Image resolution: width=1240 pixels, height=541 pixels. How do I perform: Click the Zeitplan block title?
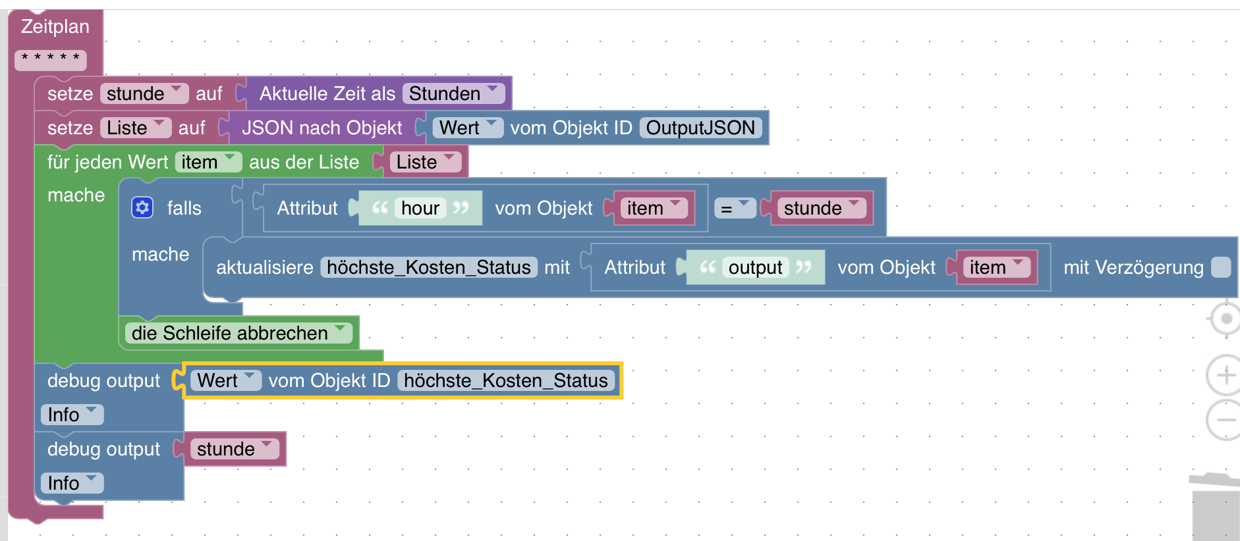pos(55,27)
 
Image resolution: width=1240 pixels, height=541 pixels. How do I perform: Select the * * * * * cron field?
pos(51,59)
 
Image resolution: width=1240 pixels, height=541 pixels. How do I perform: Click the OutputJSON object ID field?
pos(700,128)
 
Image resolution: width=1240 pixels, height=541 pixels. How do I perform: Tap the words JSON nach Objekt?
pos(322,128)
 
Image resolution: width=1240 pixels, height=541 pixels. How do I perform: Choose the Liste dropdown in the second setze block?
pos(135,128)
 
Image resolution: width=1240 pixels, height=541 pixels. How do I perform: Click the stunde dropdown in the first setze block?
pos(144,93)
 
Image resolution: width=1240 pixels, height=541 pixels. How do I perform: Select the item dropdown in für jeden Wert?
pos(208,162)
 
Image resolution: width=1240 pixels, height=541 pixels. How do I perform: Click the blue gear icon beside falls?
pos(142,208)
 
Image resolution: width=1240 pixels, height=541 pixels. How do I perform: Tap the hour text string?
pos(420,208)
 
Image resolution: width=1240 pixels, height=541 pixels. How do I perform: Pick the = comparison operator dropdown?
pos(734,208)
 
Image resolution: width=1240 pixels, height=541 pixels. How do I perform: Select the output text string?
pos(755,267)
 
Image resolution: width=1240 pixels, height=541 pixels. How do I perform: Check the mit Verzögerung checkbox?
pos(1221,267)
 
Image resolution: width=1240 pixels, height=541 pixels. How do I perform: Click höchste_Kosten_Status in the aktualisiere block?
pos(428,267)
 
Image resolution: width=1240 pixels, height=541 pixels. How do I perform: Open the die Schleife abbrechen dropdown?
pos(238,333)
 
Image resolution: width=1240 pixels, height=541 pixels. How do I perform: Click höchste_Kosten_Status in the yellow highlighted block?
pos(505,380)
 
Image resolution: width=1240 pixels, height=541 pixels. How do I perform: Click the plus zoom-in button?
pos(1225,375)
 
